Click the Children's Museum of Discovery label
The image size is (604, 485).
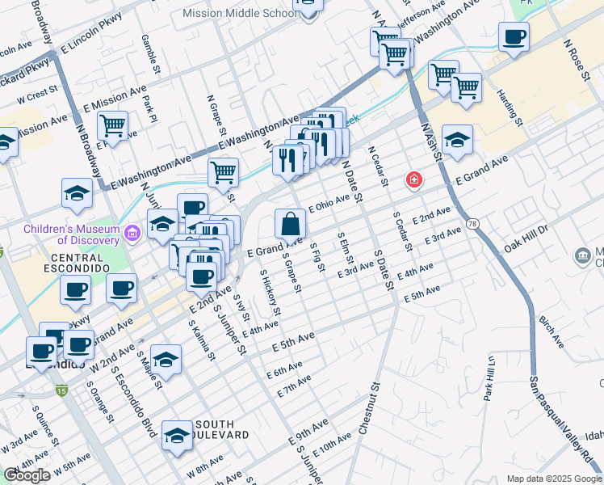click(72, 234)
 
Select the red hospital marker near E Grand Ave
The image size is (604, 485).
click(413, 179)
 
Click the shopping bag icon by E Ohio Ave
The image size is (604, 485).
click(289, 223)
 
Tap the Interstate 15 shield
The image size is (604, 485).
click(62, 391)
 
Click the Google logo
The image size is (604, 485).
click(27, 475)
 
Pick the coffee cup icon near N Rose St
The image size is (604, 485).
click(514, 36)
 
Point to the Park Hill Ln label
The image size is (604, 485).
click(489, 377)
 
